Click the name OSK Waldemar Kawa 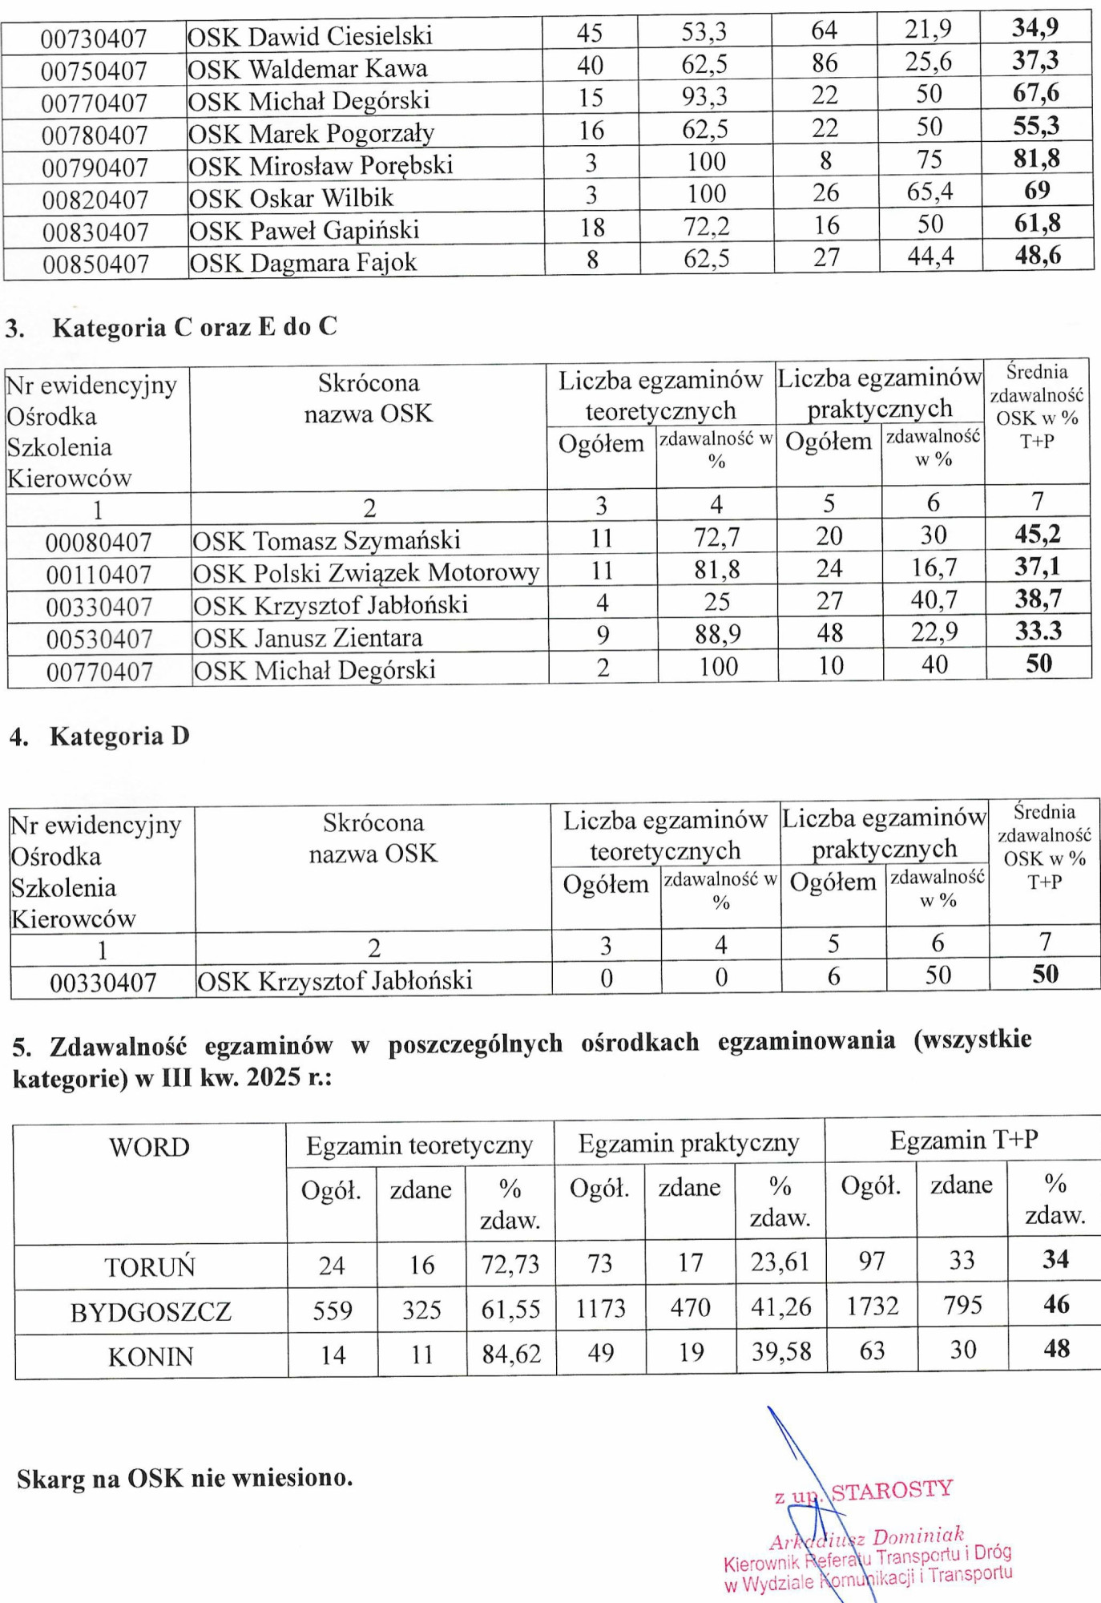click(307, 69)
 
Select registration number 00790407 click(95, 168)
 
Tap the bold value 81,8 click(1036, 159)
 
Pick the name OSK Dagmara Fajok click(303, 263)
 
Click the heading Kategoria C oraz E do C click(195, 328)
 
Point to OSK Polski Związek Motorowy click(365, 573)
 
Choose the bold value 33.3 click(1038, 631)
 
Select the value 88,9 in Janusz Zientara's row click(717, 635)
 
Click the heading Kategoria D click(119, 737)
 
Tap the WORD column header click(150, 1148)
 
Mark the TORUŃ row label click(150, 1267)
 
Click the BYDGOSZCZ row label click(151, 1312)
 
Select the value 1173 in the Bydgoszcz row click(600, 1309)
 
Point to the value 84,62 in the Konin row click(511, 1355)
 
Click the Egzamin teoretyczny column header click(419, 1146)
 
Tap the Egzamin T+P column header click(963, 1141)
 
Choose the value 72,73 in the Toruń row click(510, 1265)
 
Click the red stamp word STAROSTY click(892, 1490)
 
